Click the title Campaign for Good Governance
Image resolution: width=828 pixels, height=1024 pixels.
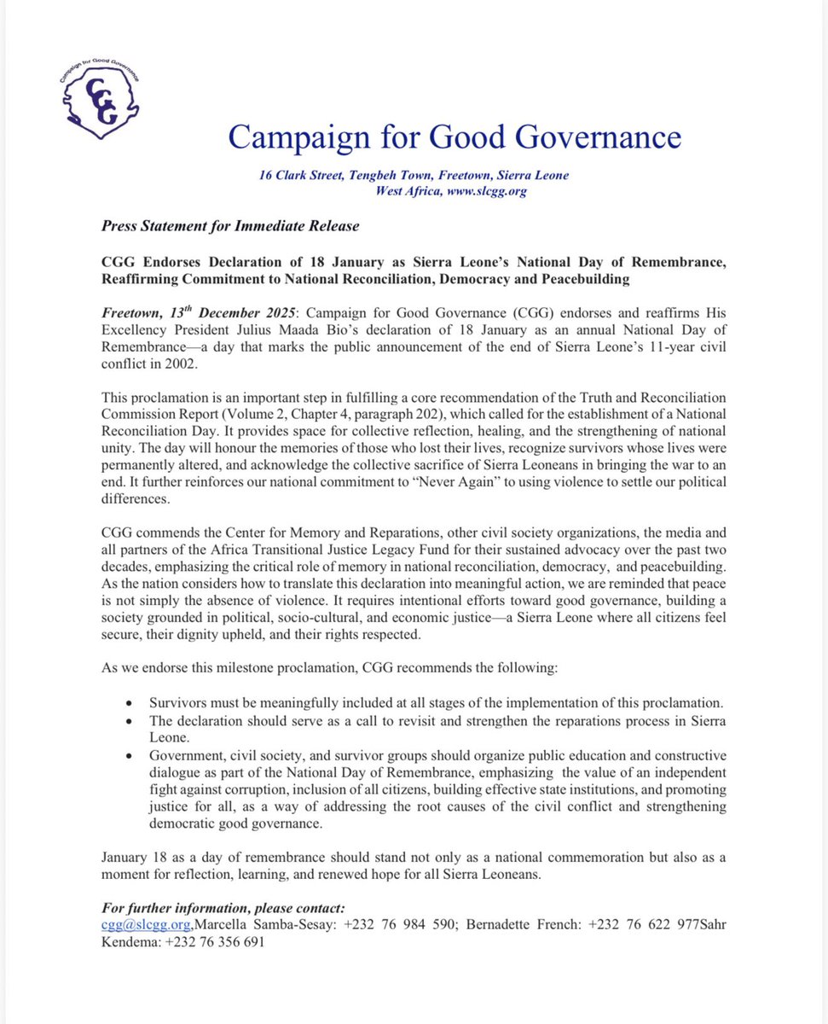click(454, 137)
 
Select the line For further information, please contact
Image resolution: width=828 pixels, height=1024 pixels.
click(223, 908)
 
